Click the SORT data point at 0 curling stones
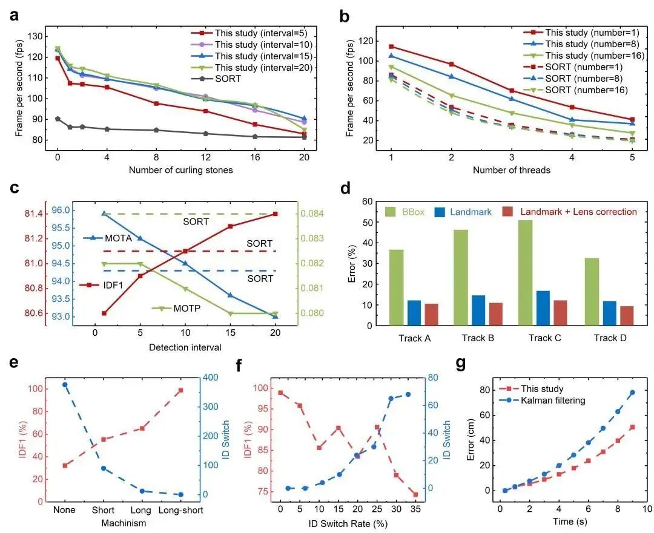tap(58, 119)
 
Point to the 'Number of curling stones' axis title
tap(180, 170)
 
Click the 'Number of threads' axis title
tap(512, 170)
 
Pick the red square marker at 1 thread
tap(392, 47)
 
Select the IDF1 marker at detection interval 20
tap(276, 214)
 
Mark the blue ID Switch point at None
tap(65, 385)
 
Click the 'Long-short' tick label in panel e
tap(180, 510)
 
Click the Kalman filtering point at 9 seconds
tap(632, 393)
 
